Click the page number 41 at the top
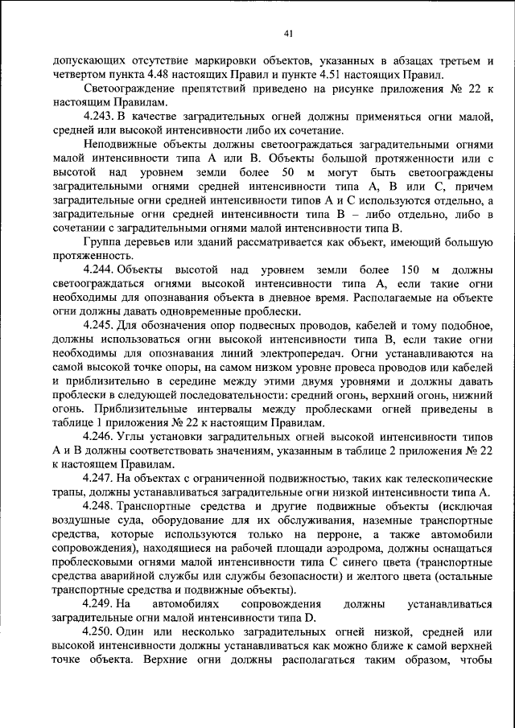coord(287,33)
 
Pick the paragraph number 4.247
coord(101,478)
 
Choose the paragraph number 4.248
coord(101,506)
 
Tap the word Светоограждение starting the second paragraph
coord(130,89)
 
